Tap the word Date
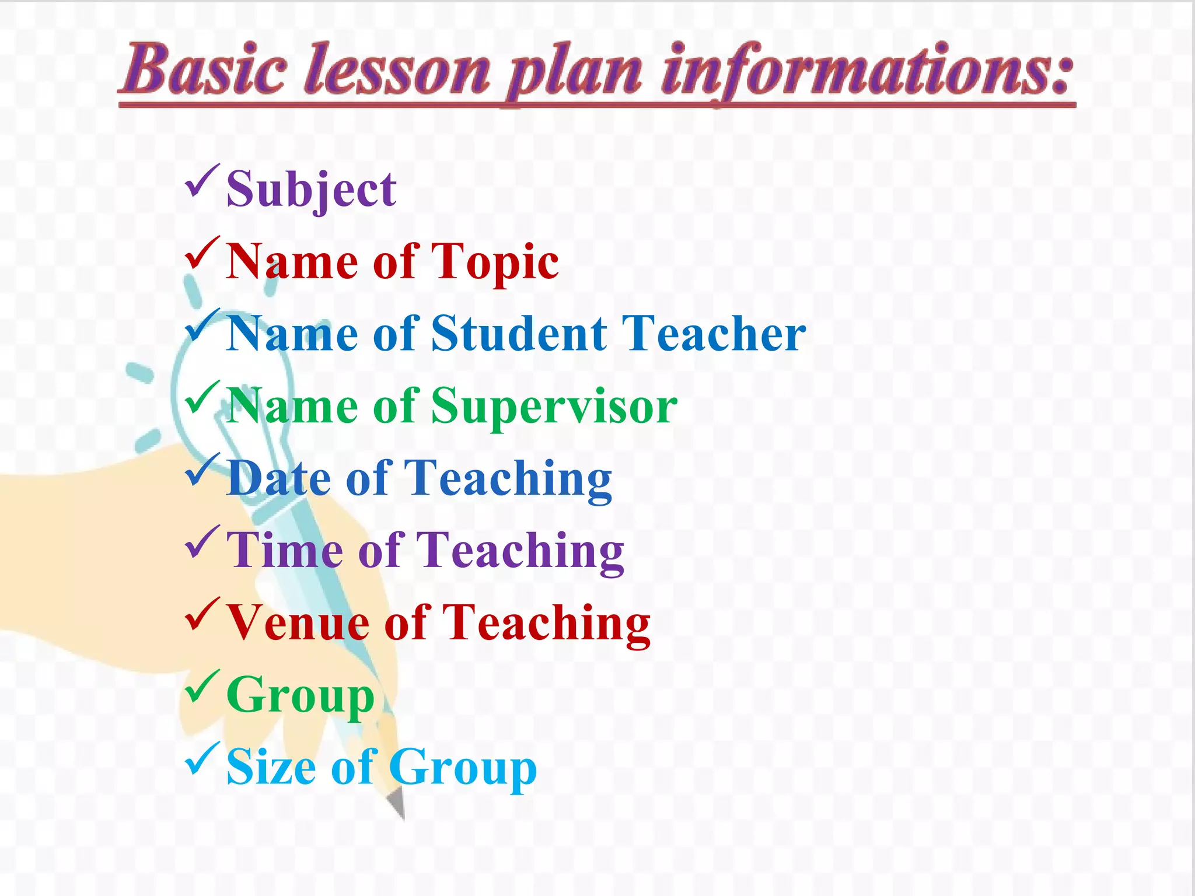pyautogui.click(x=279, y=478)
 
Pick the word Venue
pyautogui.click(x=298, y=622)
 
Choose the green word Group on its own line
pyautogui.click(x=300, y=695)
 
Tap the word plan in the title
pyautogui.click(x=575, y=73)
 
